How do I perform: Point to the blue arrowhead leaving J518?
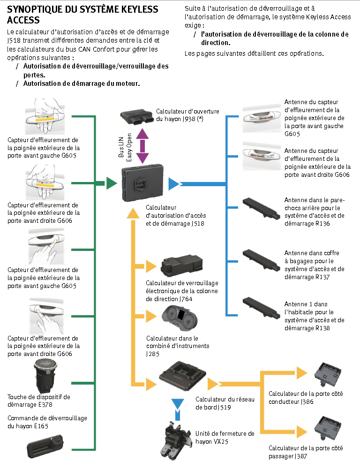pos(174,183)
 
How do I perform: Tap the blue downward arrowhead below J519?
pos(177,404)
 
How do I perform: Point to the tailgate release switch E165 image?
pos(45,447)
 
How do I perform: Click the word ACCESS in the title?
pos(23,20)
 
